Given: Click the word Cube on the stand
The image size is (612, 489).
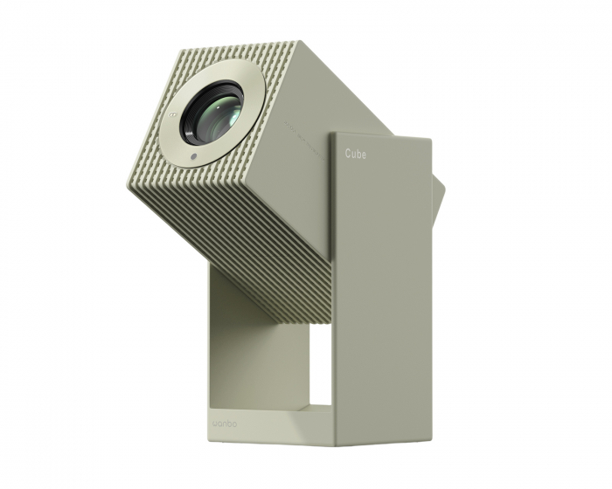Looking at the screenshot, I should tap(355, 154).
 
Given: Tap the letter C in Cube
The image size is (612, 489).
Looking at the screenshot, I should tap(346, 154).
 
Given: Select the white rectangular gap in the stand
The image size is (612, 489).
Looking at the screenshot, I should tap(319, 367).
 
